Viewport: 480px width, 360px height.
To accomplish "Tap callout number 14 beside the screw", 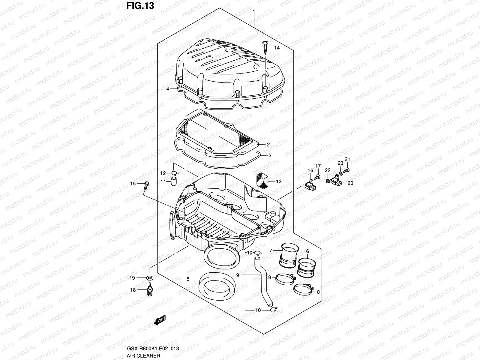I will [x=276, y=48].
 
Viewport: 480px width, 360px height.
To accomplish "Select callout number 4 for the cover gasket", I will [x=168, y=89].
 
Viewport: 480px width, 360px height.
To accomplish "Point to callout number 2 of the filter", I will [x=268, y=145].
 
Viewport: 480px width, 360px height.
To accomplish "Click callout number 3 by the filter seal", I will [x=270, y=155].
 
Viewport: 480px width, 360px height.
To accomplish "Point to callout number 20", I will [x=350, y=183].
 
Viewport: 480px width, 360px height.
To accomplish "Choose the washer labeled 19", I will [x=149, y=278].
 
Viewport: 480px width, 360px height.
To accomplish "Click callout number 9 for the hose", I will [x=238, y=274].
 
